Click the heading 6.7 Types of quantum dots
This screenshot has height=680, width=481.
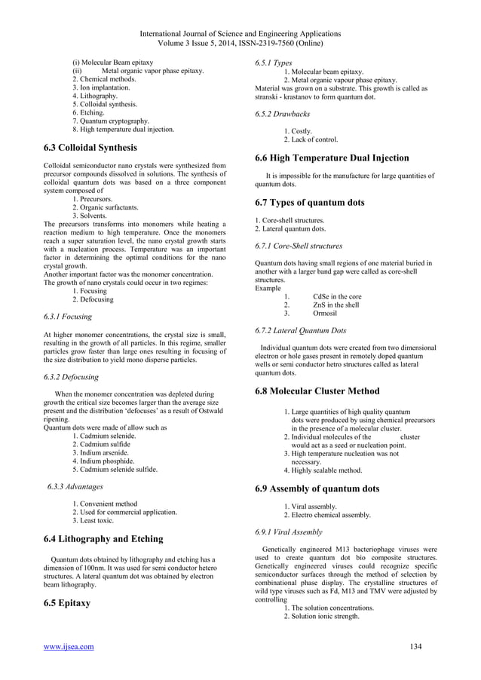[310, 203]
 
